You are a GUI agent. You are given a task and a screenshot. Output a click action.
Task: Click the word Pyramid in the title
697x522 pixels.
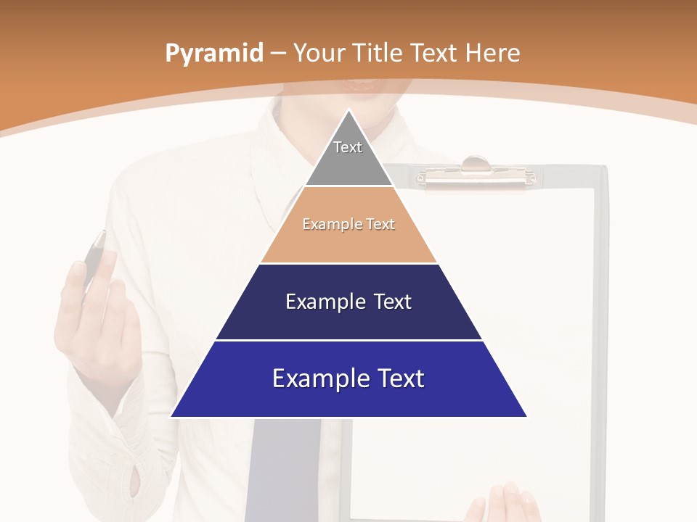[x=213, y=53]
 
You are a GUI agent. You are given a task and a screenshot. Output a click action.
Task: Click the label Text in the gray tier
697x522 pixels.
[x=348, y=147]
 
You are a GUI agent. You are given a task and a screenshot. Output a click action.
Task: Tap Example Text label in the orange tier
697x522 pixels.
[x=348, y=224]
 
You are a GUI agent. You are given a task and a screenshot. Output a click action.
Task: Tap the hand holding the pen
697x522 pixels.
[x=98, y=319]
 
